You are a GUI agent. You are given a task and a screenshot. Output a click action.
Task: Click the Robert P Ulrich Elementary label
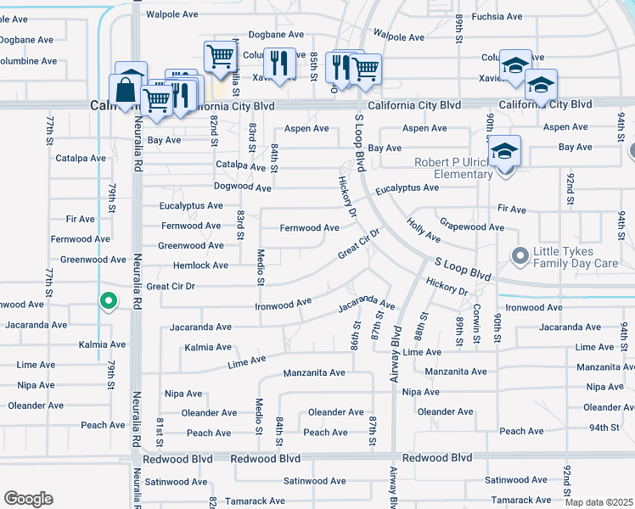pos(453,168)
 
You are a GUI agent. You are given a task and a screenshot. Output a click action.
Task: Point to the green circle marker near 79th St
pos(108,300)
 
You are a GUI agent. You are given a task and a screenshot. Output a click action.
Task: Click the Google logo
pos(28,499)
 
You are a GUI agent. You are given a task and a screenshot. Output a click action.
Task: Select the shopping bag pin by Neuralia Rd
pos(125,91)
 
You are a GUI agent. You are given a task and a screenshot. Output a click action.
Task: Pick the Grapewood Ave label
pos(472,227)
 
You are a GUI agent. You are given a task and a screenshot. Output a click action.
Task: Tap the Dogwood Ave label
pos(243,187)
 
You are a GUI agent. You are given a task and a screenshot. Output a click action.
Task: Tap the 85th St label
pos(313,66)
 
